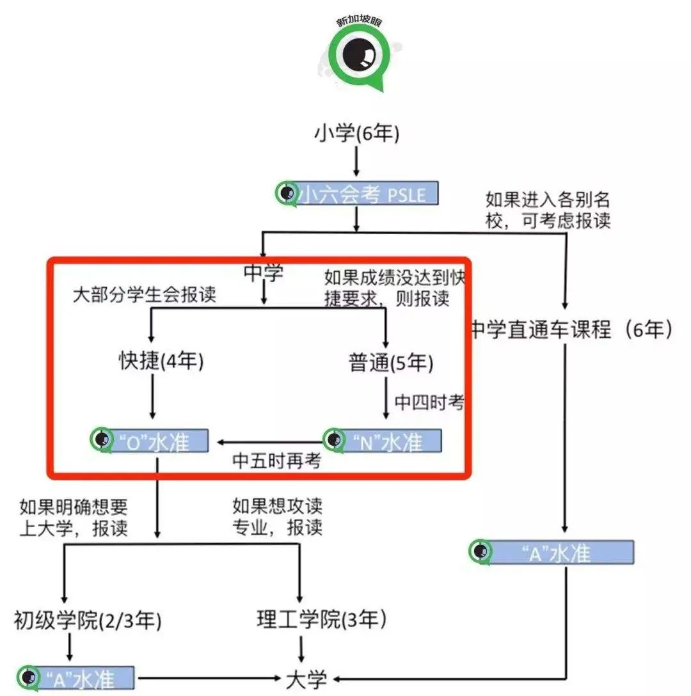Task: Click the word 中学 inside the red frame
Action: pyautogui.click(x=264, y=273)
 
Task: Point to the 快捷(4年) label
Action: pyautogui.click(x=161, y=362)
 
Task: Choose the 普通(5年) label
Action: pyautogui.click(x=391, y=363)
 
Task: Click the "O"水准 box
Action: pyautogui.click(x=150, y=441)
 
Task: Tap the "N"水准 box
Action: pyautogui.click(x=383, y=441)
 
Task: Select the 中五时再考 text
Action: pyautogui.click(x=276, y=461)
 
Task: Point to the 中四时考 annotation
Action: pyautogui.click(x=429, y=402)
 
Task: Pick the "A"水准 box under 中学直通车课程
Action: pyautogui.click(x=551, y=552)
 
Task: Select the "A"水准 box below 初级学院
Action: pyautogui.click(x=76, y=677)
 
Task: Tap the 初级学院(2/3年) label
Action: pyautogui.click(x=88, y=620)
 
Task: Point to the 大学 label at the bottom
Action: pyautogui.click(x=306, y=677)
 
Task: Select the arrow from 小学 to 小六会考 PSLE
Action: pyautogui.click(x=356, y=163)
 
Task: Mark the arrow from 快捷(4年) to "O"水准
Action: pyautogui.click(x=153, y=398)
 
